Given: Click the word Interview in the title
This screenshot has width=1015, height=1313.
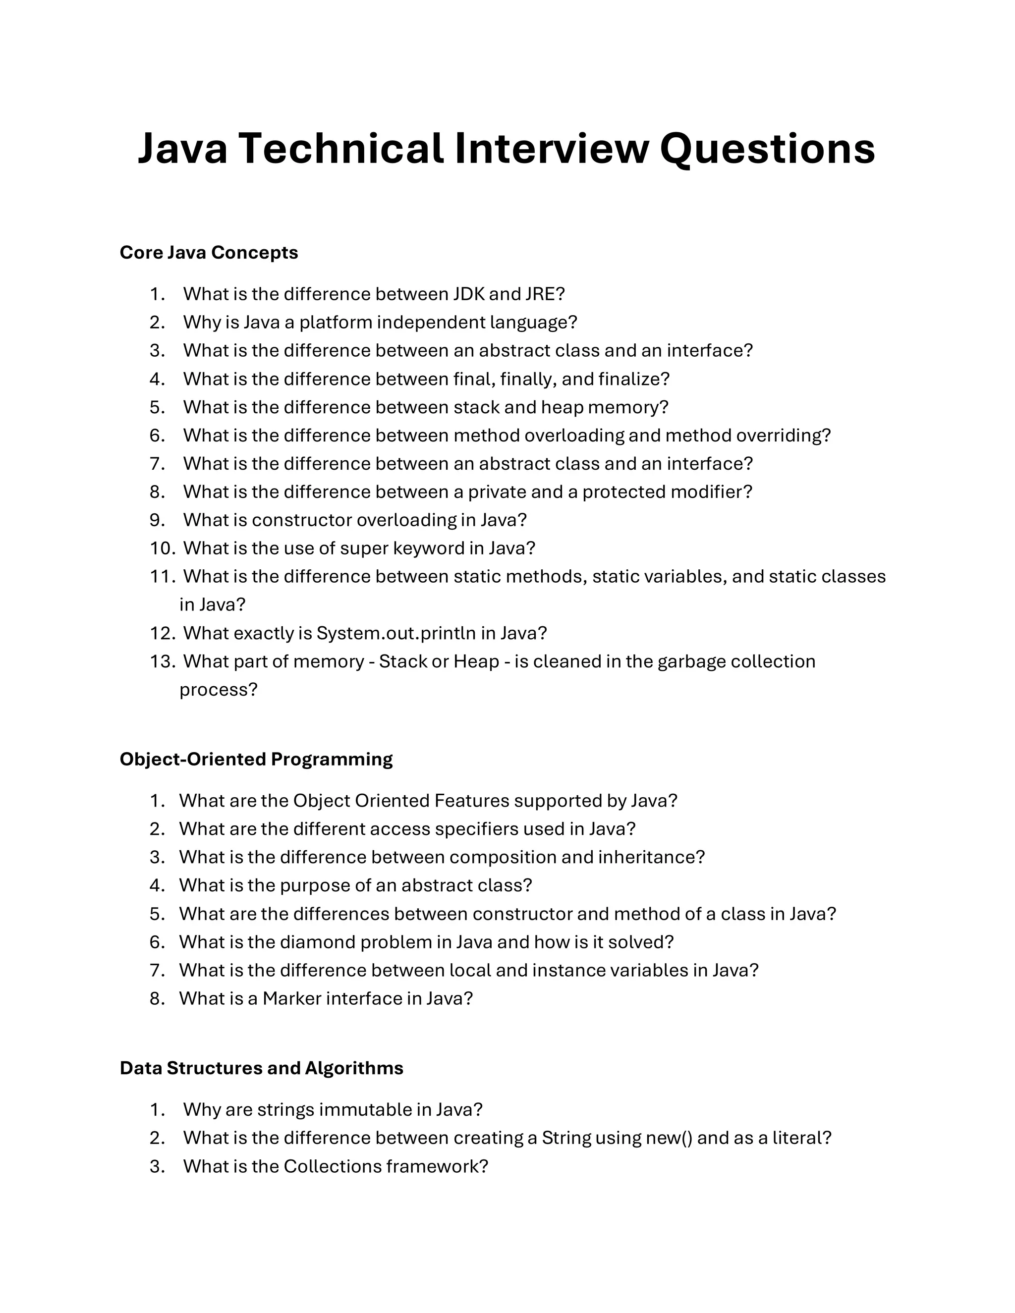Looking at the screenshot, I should coord(552,149).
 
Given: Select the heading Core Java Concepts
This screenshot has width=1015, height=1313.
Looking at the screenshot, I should coord(209,253).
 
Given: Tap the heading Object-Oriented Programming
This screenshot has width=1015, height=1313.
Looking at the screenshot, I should coord(256,759).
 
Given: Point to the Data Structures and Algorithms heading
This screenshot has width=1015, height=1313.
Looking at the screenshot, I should coord(262,1068).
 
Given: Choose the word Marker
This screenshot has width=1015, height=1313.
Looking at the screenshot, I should coord(291,998).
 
